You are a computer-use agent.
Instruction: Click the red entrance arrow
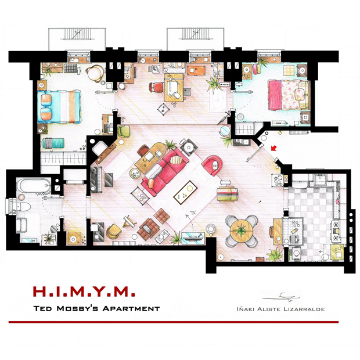[273, 148]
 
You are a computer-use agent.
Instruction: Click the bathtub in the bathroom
[34, 185]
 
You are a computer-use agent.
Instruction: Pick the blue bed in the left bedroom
[59, 107]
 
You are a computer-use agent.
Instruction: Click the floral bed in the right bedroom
[288, 95]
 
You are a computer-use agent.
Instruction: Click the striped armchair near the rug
[227, 195]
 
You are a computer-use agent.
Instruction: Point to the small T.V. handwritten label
[192, 213]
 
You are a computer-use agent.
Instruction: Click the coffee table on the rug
[185, 192]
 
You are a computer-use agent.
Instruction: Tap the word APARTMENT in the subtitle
[131, 308]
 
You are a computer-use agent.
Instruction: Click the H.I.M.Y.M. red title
[84, 291]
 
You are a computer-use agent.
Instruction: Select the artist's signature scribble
[282, 297]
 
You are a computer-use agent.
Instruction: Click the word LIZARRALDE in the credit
[304, 309]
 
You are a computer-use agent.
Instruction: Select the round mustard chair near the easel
[113, 231]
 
